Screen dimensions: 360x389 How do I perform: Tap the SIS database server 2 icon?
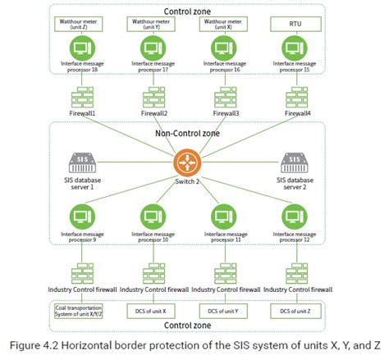(295, 162)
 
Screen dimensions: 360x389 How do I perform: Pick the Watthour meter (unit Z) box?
(79, 24)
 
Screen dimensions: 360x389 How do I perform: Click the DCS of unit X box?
(152, 311)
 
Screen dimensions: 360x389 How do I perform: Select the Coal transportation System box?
(80, 311)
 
